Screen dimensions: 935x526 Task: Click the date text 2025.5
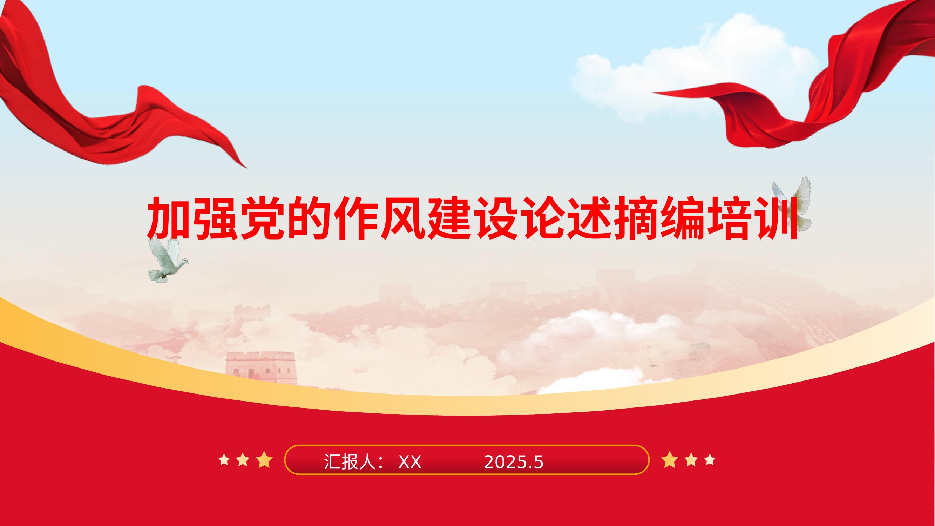point(514,463)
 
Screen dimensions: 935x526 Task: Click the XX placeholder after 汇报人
point(410,463)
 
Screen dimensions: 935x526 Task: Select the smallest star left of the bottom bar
point(224,460)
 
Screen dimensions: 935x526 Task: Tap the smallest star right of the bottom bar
point(710,460)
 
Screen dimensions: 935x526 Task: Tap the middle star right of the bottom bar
point(691,460)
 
